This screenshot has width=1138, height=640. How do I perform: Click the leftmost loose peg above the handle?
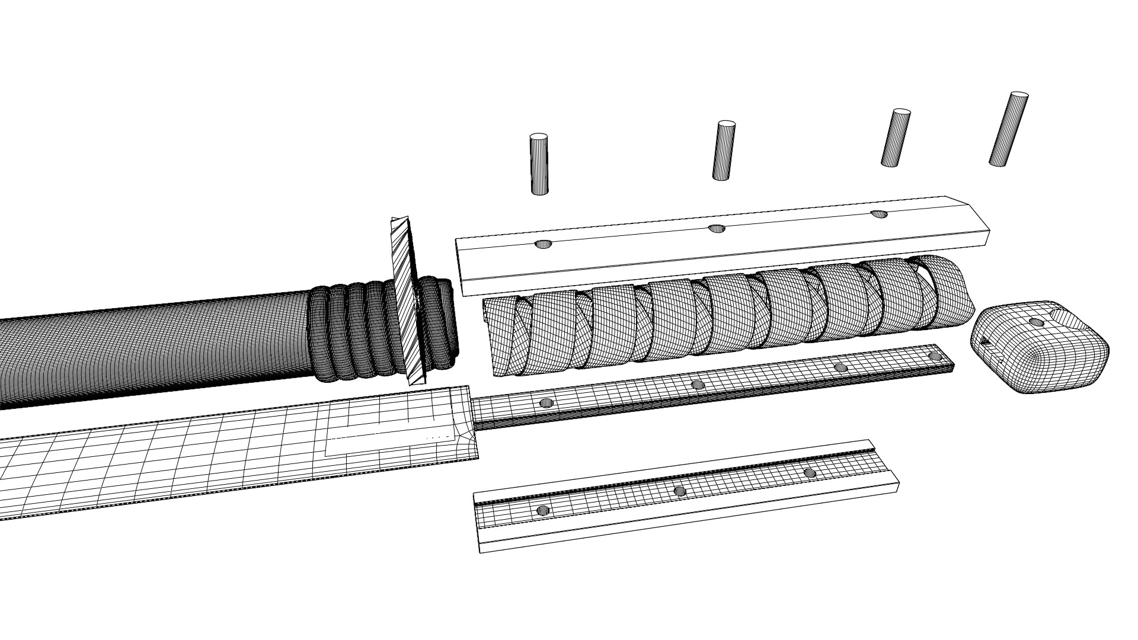tap(539, 164)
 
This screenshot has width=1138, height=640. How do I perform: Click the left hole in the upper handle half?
tap(544, 244)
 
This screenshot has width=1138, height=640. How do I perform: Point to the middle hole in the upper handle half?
tap(717, 228)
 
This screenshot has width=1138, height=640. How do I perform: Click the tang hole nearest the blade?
tap(546, 403)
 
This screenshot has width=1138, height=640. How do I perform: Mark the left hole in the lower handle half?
tap(542, 510)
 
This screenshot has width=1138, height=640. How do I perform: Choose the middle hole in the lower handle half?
tap(680, 491)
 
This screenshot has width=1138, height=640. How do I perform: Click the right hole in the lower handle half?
tap(809, 473)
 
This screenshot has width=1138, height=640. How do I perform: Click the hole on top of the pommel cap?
tap(1037, 322)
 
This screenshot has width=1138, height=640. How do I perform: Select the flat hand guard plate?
tap(409, 302)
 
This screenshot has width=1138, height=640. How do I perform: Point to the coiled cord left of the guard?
tap(350, 332)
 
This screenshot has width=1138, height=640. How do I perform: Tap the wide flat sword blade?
tap(207, 462)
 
